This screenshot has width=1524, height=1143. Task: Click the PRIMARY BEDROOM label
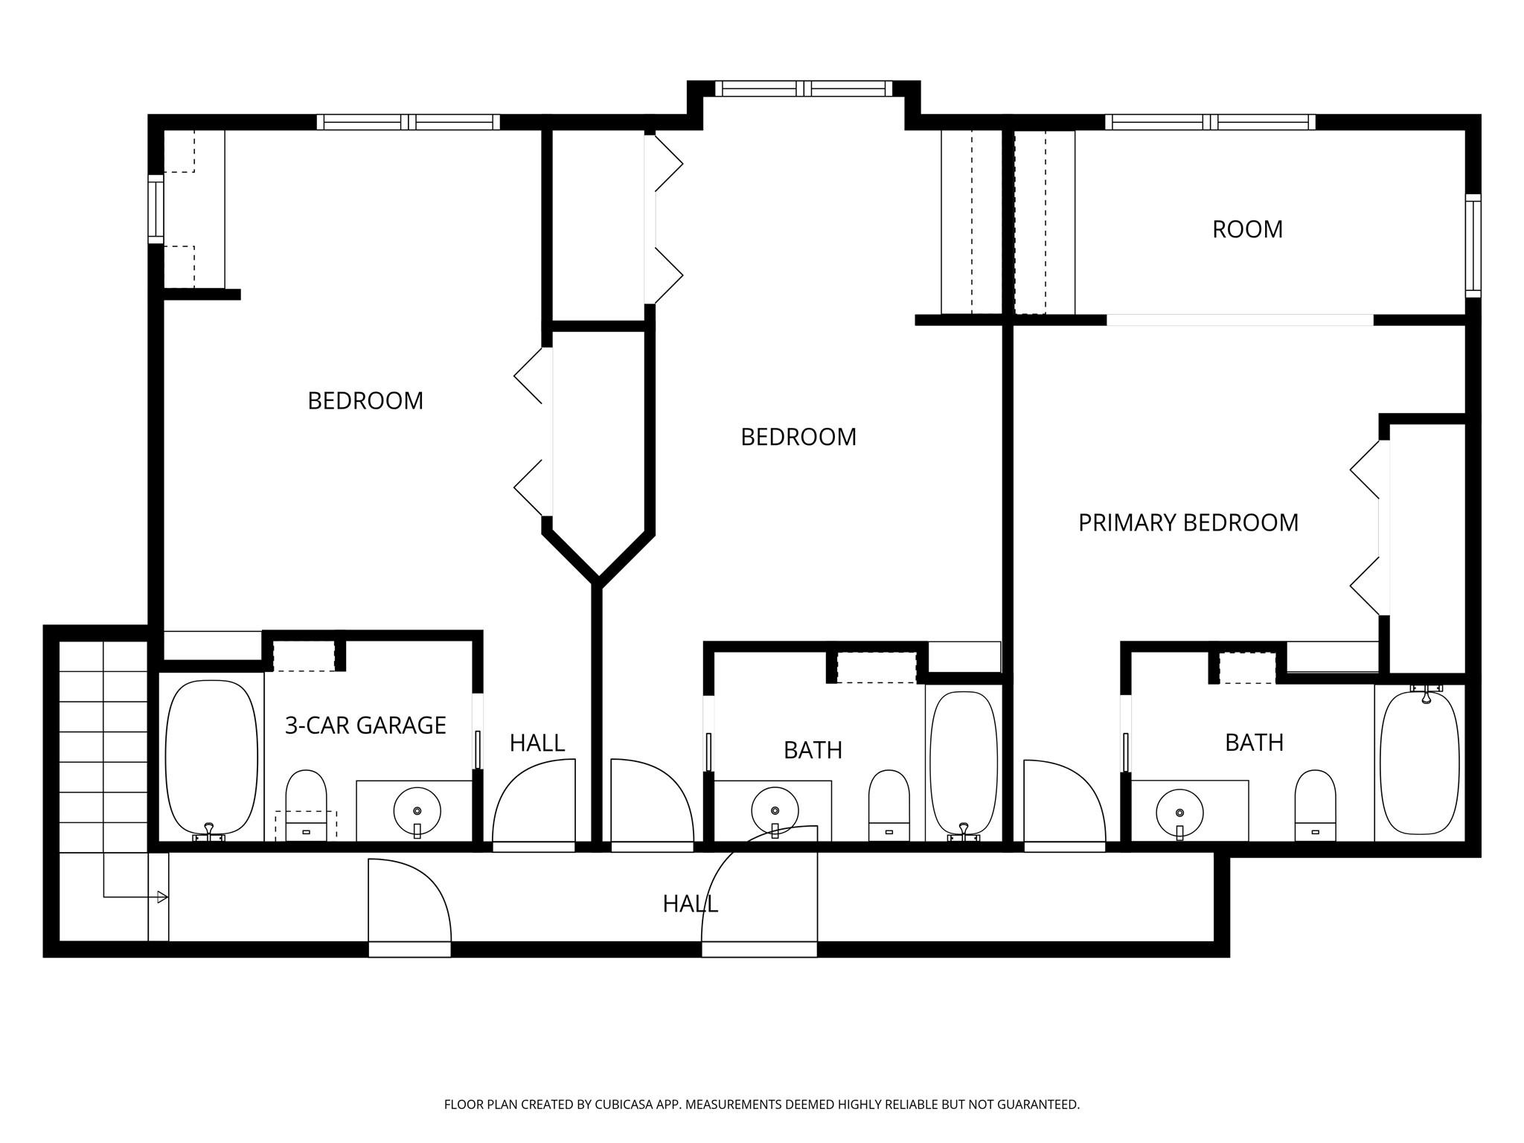[x=1188, y=522]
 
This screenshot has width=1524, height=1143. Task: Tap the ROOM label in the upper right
[x=1247, y=229]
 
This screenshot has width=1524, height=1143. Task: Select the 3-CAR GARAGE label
[x=365, y=725]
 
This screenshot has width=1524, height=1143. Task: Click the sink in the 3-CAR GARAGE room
[x=417, y=810]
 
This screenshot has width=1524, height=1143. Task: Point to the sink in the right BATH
[x=1179, y=811]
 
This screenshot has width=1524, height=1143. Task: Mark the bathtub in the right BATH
[x=1419, y=762]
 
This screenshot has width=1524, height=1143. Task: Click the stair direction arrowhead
[x=162, y=897]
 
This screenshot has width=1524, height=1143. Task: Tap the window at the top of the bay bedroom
[x=804, y=89]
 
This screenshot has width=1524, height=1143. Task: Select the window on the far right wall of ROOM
[x=1473, y=246]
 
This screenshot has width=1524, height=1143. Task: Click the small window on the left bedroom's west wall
[x=155, y=209]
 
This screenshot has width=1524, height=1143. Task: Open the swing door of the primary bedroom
[x=1064, y=804]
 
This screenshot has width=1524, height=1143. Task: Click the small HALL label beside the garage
[x=537, y=743]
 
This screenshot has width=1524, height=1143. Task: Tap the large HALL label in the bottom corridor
[x=690, y=903]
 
